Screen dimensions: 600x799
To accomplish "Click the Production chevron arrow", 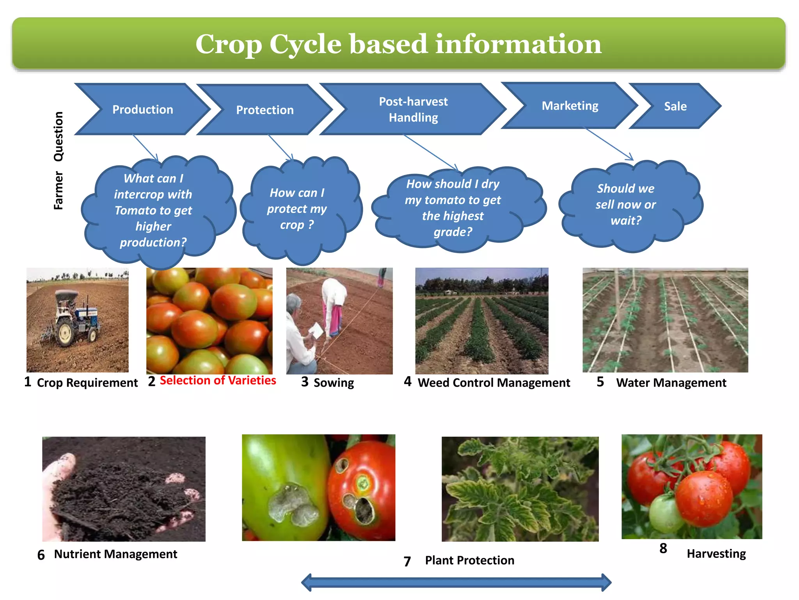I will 142,109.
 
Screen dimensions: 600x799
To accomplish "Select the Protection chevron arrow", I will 265,110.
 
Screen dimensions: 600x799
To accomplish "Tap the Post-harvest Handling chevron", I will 413,109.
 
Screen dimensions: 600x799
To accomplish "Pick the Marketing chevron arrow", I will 570,106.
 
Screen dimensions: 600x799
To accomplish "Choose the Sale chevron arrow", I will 675,106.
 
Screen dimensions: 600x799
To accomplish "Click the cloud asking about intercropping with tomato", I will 153,210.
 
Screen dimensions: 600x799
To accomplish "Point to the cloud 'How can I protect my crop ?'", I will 297,209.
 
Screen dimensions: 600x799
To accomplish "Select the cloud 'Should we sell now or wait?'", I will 626,204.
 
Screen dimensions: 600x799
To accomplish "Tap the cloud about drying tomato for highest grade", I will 453,208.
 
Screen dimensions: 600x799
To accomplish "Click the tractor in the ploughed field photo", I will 74,318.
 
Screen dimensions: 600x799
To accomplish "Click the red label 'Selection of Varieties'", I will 218,380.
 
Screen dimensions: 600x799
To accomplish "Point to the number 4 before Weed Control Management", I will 408,381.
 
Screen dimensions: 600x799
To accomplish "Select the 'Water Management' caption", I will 671,383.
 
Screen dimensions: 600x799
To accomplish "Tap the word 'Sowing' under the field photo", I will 334,383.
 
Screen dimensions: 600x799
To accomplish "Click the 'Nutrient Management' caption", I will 115,554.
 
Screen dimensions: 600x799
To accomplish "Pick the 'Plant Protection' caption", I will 469,561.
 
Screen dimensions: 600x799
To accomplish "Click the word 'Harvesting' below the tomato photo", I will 716,554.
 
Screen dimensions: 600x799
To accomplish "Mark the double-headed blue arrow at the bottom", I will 456,582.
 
